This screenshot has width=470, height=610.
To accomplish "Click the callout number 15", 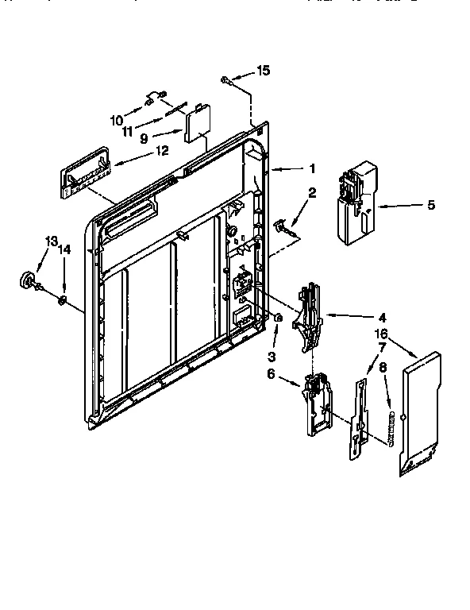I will point(264,71).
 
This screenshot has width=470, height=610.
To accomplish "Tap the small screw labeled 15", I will point(227,78).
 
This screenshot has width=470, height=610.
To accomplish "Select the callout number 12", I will point(162,149).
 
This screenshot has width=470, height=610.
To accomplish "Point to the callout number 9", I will point(144,137).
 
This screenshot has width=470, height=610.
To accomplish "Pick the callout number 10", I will point(117,121).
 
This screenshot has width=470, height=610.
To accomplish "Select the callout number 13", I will point(52,241).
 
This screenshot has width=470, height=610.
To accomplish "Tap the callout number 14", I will point(65,249).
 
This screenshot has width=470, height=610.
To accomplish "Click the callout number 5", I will point(430,205).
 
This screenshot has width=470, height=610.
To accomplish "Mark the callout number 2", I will point(312,192).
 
